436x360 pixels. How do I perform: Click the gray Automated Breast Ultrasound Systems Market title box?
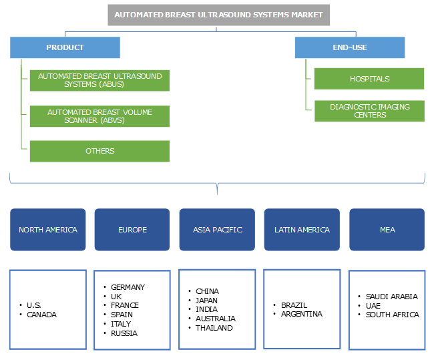point(218,15)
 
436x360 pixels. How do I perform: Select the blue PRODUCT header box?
point(65,47)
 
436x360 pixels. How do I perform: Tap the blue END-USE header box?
point(350,47)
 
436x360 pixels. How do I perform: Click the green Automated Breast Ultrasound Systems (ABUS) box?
point(99,80)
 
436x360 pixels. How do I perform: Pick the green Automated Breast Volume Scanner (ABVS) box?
point(99,116)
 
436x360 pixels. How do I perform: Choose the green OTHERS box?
point(99,151)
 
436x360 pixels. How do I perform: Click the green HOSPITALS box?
point(369,79)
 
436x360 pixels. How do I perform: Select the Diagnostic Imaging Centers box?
point(369,111)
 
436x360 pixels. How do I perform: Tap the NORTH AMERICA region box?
point(48,230)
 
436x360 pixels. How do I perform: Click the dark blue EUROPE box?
point(132,230)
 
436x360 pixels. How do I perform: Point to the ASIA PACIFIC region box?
point(217,230)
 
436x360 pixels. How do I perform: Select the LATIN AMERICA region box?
point(302,230)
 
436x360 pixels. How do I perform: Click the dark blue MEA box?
point(387,230)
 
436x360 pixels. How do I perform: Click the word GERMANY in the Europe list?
point(128,287)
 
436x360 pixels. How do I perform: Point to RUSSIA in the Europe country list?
point(124,333)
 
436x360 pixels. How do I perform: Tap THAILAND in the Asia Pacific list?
point(214,328)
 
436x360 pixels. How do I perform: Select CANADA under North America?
point(41,315)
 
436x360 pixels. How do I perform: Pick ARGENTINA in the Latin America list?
point(301,314)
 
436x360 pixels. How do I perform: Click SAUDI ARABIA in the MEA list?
point(391,297)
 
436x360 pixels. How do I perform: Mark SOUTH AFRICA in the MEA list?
point(392,315)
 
